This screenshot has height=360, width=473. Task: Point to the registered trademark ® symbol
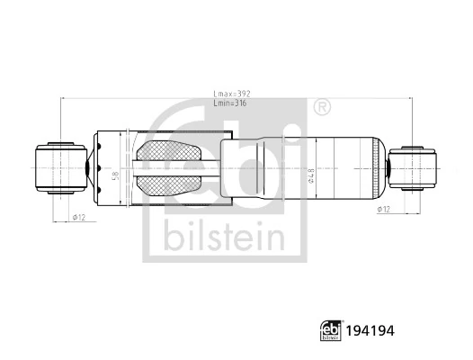pos(320,108)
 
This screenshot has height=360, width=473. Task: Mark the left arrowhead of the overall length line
pos(62,99)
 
